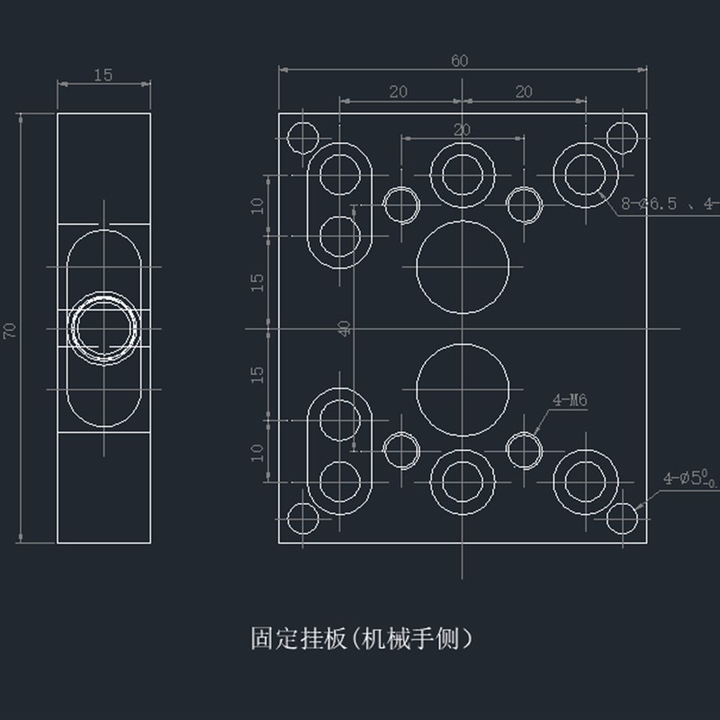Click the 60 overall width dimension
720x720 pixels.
pyautogui.click(x=460, y=60)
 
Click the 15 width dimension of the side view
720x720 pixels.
pyautogui.click(x=103, y=76)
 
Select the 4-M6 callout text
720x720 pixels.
pyautogui.click(x=570, y=400)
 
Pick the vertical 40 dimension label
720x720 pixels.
pyautogui.click(x=345, y=328)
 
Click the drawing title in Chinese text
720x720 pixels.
pyautogui.click(x=360, y=639)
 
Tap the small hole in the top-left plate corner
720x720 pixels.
pyautogui.click(x=302, y=138)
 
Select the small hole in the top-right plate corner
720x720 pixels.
pyautogui.click(x=622, y=137)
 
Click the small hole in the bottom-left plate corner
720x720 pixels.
pyautogui.click(x=302, y=520)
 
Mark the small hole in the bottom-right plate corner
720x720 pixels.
pyautogui.click(x=622, y=519)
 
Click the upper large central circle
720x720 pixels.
pyautogui.click(x=462, y=266)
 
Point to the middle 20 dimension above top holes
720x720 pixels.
pyautogui.click(x=462, y=130)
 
